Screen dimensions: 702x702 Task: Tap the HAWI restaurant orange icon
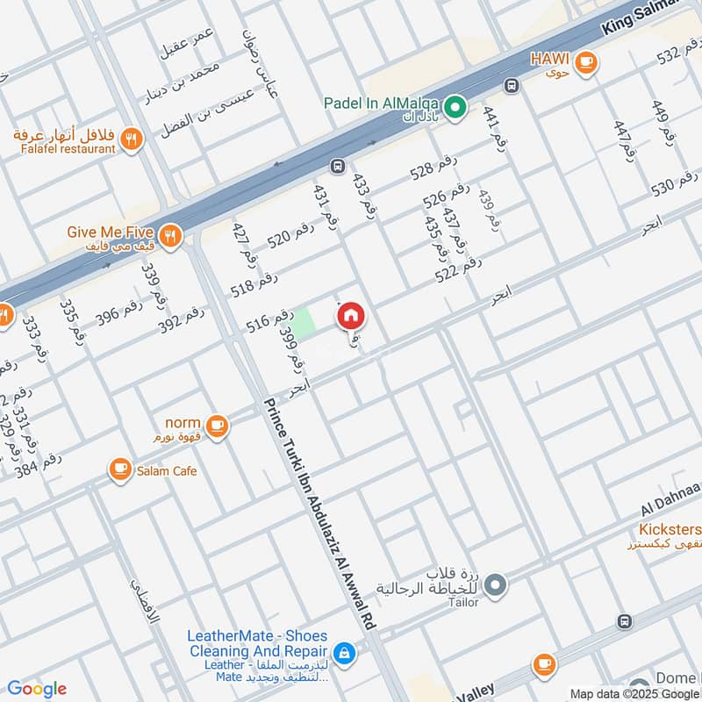point(586,61)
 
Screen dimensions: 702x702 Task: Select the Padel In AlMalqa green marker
point(455,108)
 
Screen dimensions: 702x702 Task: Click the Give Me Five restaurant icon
point(170,235)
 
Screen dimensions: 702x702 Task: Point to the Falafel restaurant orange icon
point(131,138)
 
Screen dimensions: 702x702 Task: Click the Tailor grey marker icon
point(495,583)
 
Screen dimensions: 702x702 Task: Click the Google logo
point(36,688)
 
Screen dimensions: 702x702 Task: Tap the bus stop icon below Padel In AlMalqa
point(337,166)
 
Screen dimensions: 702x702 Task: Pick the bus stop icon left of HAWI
point(511,86)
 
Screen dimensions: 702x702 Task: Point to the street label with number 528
point(433,170)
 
